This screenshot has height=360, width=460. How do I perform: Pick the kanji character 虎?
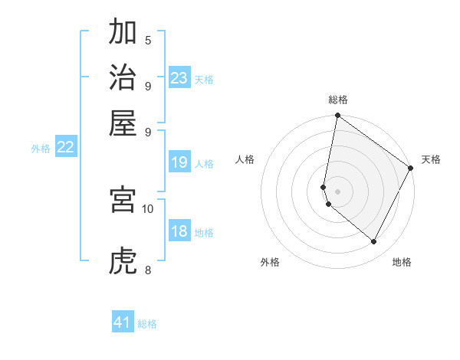[x=123, y=261]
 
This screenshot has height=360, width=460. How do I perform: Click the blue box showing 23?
[x=179, y=78]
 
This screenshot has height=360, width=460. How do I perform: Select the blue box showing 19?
[x=179, y=162]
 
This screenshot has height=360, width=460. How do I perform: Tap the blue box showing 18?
[x=179, y=232]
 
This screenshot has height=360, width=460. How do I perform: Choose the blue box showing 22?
[x=65, y=148]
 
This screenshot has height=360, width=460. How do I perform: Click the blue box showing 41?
[x=123, y=322]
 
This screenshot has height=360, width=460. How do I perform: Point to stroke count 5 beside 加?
[x=148, y=40]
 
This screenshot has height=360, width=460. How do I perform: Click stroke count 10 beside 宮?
[x=148, y=208]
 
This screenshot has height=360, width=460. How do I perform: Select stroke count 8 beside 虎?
[x=148, y=270]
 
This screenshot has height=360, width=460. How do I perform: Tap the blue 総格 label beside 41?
[x=147, y=324]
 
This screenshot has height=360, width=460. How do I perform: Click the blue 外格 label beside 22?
[x=40, y=149]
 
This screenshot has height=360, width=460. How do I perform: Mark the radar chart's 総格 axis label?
[x=337, y=100]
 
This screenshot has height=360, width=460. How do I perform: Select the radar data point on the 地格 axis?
[x=374, y=242]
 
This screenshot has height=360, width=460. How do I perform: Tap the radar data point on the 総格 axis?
[x=337, y=116]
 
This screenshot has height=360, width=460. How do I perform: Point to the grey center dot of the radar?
[x=337, y=191]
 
